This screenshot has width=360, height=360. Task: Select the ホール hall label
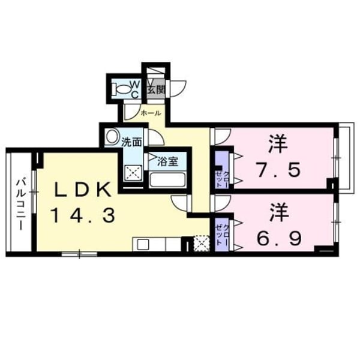click(149, 112)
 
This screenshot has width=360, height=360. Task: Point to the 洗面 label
click(131, 143)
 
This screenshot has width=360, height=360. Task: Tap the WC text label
click(136, 89)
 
